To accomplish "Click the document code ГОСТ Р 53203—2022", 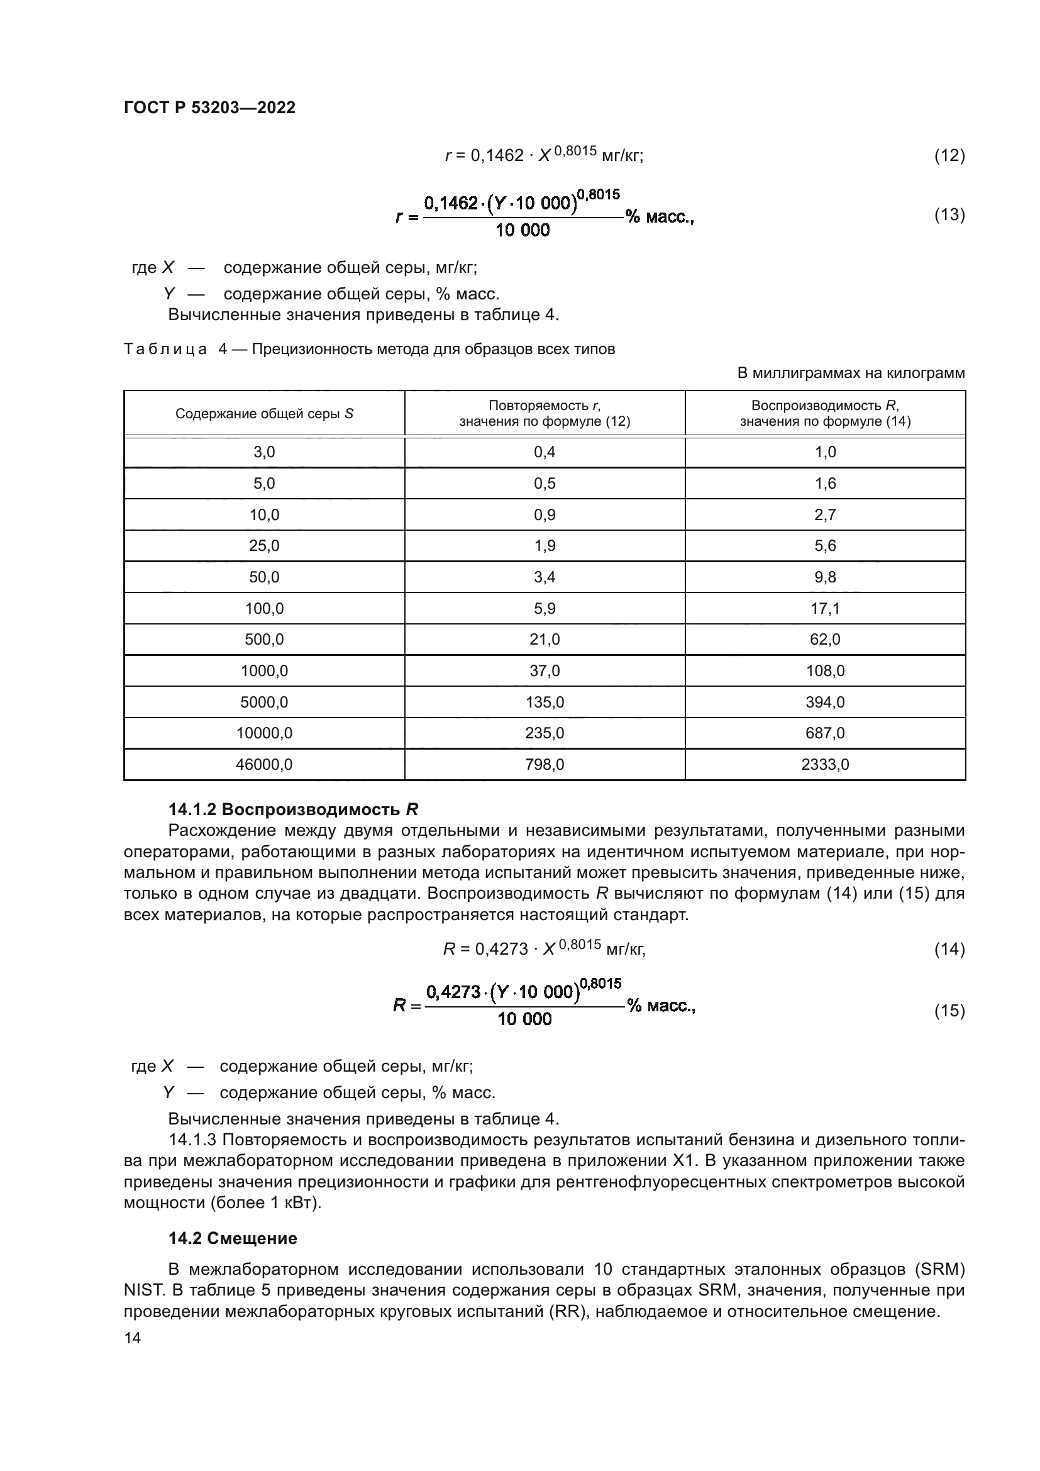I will coord(209,108).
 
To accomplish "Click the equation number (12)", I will coord(949,156).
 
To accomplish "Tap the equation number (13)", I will coord(949,214).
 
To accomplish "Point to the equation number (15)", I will coord(949,1011).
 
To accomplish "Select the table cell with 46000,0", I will coord(264,764).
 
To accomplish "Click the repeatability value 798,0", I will coord(545,764).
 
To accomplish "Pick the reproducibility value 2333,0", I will coord(825,764).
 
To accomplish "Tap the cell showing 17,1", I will coord(825,608).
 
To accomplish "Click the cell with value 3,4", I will coord(545,577).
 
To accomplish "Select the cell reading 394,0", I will coord(825,702).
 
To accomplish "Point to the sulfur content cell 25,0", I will coord(264,546).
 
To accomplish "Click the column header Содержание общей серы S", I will coord(264,414).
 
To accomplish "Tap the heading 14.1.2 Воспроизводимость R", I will coord(292,810).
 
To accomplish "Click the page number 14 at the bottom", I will coord(133,1338).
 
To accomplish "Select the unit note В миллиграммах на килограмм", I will coord(851,373).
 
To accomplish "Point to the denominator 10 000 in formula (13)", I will coord(522,231).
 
